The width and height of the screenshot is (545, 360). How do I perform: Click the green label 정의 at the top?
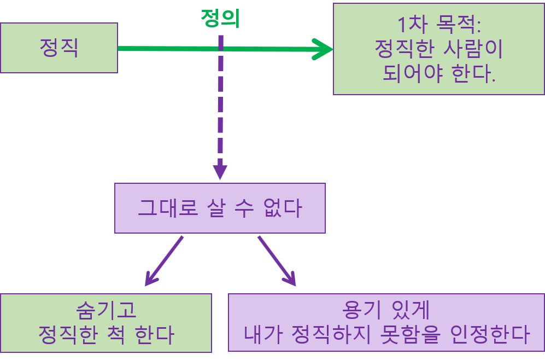tap(221, 18)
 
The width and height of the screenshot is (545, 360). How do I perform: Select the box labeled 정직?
tap(59, 48)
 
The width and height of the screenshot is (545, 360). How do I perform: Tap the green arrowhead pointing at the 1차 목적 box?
tap(323, 49)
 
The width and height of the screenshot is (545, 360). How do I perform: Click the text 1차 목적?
tap(439, 25)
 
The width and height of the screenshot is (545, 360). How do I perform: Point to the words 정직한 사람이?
tap(439, 49)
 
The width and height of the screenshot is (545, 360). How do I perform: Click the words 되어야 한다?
tap(439, 73)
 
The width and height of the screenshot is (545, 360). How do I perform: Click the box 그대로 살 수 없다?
tap(220, 208)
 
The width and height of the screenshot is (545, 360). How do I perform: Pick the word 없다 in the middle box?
tap(283, 208)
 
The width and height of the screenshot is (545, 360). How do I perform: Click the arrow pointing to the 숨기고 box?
tap(163, 261)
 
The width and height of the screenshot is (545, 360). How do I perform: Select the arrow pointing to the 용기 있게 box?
tap(277, 261)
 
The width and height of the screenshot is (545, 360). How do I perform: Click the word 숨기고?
tap(106, 310)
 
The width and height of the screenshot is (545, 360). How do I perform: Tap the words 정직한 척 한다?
tap(106, 335)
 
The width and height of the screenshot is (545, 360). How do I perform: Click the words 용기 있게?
tap(386, 310)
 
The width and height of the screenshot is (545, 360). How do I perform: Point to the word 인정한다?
tap(490, 335)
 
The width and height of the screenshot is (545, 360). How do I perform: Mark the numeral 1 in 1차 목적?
tap(402, 25)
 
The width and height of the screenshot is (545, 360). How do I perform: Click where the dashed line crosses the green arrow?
tap(220, 48)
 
